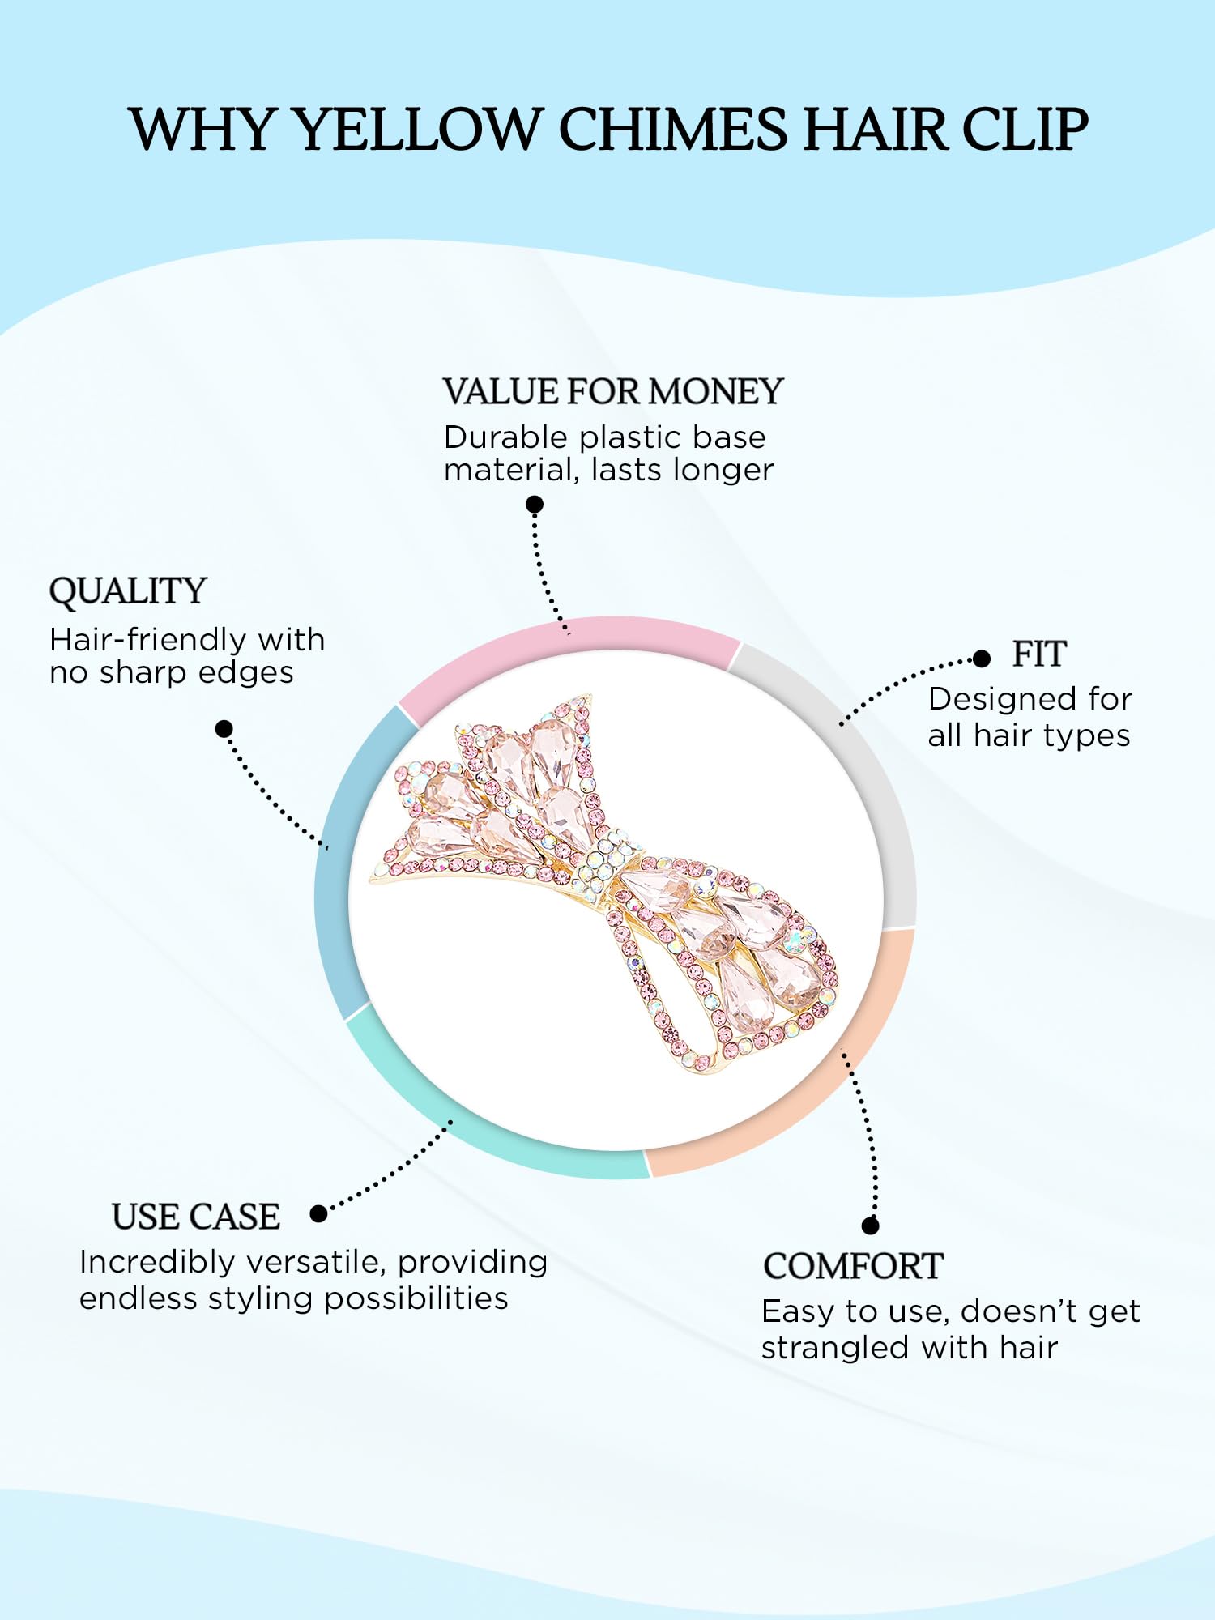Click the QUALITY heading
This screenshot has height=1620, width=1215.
pyautogui.click(x=128, y=591)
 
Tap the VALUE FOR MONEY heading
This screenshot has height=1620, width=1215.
pyautogui.click(x=612, y=392)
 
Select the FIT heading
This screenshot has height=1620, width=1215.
pyautogui.click(x=1039, y=654)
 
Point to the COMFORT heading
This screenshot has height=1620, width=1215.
pyautogui.click(x=853, y=1267)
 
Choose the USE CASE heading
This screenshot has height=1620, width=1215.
pyautogui.click(x=196, y=1217)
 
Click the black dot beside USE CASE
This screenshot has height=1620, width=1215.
pyautogui.click(x=319, y=1213)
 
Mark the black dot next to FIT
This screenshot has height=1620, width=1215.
pyautogui.click(x=982, y=659)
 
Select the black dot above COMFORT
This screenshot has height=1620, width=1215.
pyautogui.click(x=871, y=1226)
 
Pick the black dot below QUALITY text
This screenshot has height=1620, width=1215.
pyautogui.click(x=224, y=729)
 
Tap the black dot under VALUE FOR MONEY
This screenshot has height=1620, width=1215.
pyautogui.click(x=535, y=505)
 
